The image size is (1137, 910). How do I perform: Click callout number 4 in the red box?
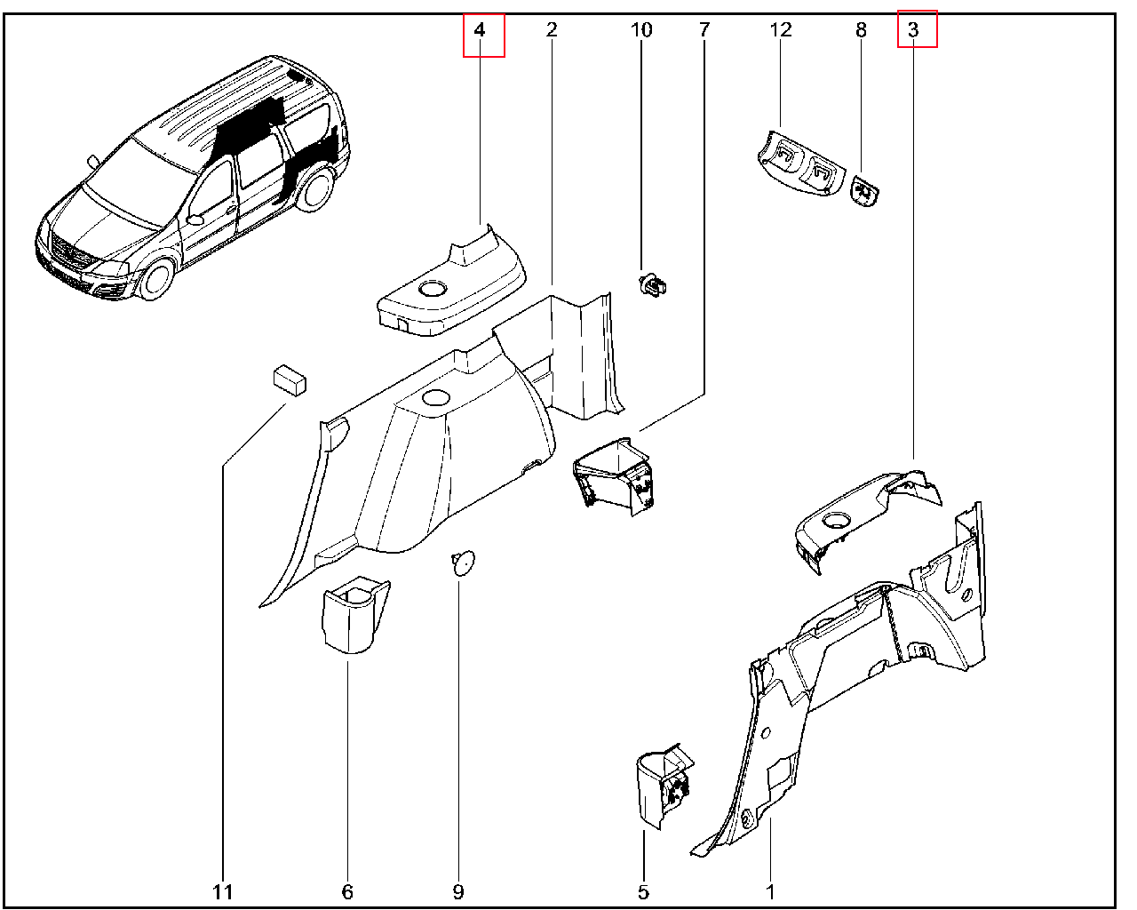click(480, 31)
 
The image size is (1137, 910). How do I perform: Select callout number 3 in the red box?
click(913, 31)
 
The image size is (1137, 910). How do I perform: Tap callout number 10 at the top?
click(640, 31)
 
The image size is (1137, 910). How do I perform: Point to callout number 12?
click(780, 31)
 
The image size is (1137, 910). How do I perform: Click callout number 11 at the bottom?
click(222, 891)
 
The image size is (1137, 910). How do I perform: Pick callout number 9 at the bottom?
click(458, 891)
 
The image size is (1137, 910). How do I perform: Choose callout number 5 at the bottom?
click(643, 891)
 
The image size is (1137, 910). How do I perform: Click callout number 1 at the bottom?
click(770, 891)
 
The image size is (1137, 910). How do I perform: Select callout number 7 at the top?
click(704, 31)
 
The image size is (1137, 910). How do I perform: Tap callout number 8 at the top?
click(860, 31)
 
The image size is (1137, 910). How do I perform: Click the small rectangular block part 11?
click(289, 379)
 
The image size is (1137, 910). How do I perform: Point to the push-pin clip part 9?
click(462, 563)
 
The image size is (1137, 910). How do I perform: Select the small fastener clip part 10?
click(653, 286)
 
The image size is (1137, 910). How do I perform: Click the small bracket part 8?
click(864, 190)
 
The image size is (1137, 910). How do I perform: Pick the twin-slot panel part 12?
click(799, 162)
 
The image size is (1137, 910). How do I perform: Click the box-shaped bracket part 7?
click(614, 475)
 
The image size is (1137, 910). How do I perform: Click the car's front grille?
click(68, 256)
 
